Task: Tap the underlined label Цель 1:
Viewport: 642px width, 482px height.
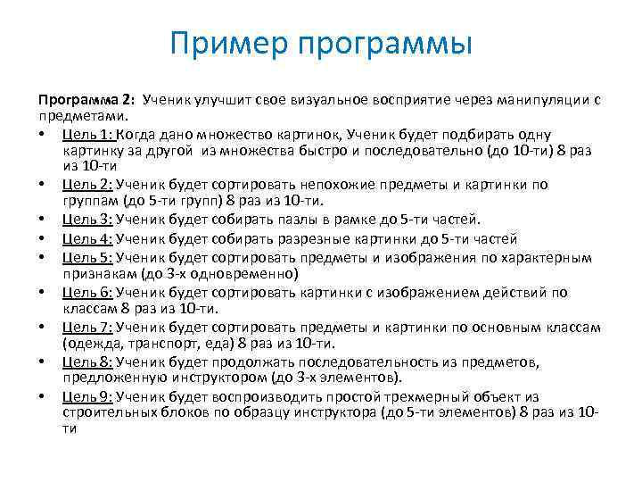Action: tap(87, 133)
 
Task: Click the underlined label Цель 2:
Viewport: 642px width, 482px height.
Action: tap(87, 185)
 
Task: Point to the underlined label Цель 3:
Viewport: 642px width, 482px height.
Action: tap(87, 220)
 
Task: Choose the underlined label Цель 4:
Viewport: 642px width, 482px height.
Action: tap(87, 238)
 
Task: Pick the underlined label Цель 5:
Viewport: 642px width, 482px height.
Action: tap(87, 257)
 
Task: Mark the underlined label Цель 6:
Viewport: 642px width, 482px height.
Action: tap(87, 292)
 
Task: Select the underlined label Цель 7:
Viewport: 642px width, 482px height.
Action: tap(87, 327)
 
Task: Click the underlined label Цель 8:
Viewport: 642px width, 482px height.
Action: tap(87, 361)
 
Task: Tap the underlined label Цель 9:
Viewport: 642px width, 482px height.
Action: tap(87, 396)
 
